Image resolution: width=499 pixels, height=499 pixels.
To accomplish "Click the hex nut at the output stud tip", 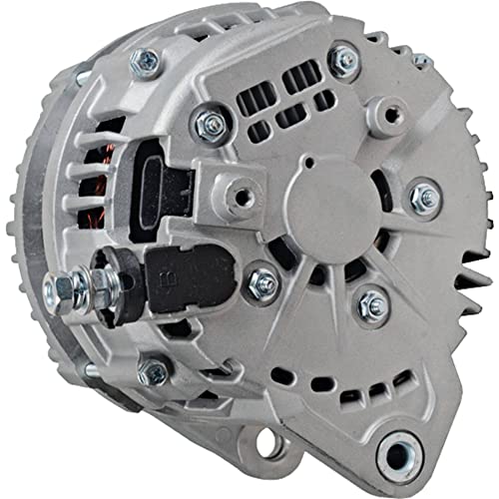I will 62,289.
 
